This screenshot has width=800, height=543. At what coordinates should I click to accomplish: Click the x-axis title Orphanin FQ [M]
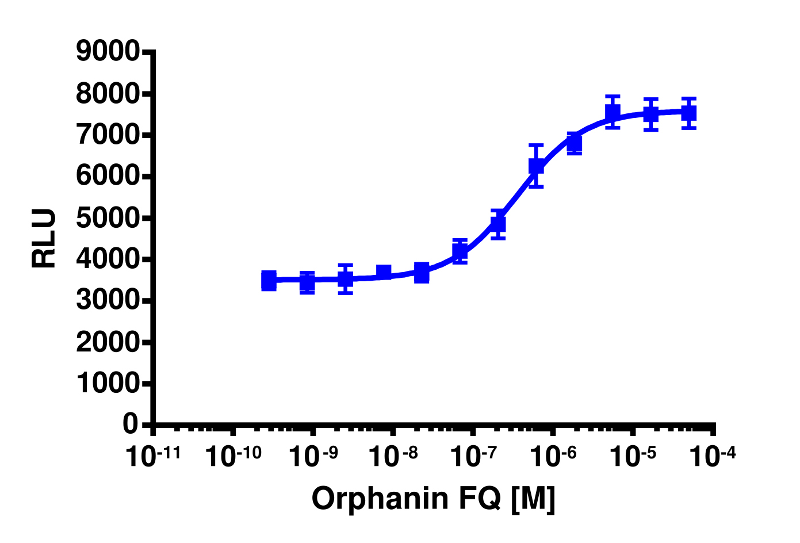434,499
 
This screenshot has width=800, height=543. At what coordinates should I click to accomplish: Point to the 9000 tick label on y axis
108,52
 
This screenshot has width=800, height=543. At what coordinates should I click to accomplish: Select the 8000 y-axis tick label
108,94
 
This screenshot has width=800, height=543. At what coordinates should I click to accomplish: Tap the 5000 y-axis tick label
108,218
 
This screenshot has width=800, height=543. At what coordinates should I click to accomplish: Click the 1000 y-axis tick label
108,384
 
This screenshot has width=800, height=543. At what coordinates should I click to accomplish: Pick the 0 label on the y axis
131,425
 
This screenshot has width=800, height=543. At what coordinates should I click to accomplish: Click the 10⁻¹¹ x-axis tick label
153,457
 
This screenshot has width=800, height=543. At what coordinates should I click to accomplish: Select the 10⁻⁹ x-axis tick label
313,457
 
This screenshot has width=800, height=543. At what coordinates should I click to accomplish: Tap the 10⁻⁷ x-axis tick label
473,457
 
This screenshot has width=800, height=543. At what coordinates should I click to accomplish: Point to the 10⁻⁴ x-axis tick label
714,457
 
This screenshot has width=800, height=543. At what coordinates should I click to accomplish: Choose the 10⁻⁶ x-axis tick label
553,457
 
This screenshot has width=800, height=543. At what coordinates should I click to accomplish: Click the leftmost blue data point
269,281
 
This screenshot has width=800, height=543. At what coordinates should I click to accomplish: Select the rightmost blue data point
689,113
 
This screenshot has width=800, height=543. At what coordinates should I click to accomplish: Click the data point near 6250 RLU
536,166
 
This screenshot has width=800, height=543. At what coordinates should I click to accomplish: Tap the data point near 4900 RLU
498,223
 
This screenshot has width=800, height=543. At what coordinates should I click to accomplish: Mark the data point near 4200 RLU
460,251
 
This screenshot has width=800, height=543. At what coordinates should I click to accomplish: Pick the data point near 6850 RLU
574,143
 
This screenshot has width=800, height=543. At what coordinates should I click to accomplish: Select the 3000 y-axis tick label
108,301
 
